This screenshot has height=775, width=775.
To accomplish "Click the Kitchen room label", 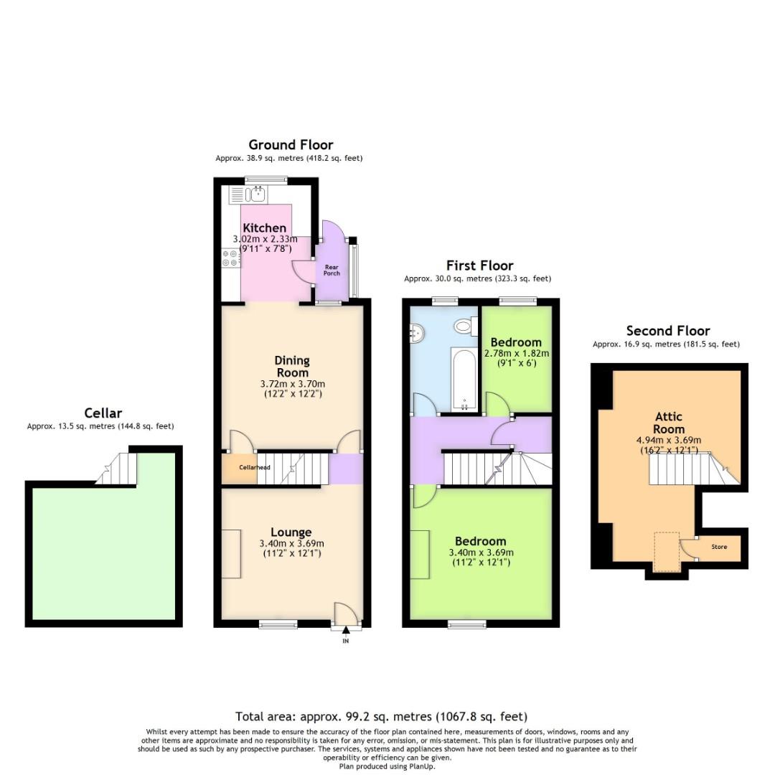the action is click(x=264, y=228).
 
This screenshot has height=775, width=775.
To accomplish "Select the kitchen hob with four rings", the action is click(x=230, y=258).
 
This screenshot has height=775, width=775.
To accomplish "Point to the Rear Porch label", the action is click(x=332, y=271).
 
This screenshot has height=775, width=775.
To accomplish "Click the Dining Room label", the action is click(x=292, y=366).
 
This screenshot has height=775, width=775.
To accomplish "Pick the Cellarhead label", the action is click(x=255, y=467).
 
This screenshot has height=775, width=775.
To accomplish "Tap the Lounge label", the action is click(x=291, y=532).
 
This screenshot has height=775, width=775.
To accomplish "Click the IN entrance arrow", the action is click(x=345, y=630).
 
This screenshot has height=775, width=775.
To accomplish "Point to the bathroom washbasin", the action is click(x=416, y=333).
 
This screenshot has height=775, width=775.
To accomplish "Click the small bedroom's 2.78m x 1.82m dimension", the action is click(x=517, y=353).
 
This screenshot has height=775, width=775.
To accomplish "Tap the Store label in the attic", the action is click(x=719, y=547).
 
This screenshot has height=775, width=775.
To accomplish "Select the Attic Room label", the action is click(x=669, y=423).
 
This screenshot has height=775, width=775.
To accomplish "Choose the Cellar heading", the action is click(x=103, y=413).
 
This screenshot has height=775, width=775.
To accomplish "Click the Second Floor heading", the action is click(x=668, y=331).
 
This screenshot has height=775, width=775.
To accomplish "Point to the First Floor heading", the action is click(x=479, y=266).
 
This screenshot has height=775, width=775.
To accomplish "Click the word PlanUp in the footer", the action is click(x=421, y=766).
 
